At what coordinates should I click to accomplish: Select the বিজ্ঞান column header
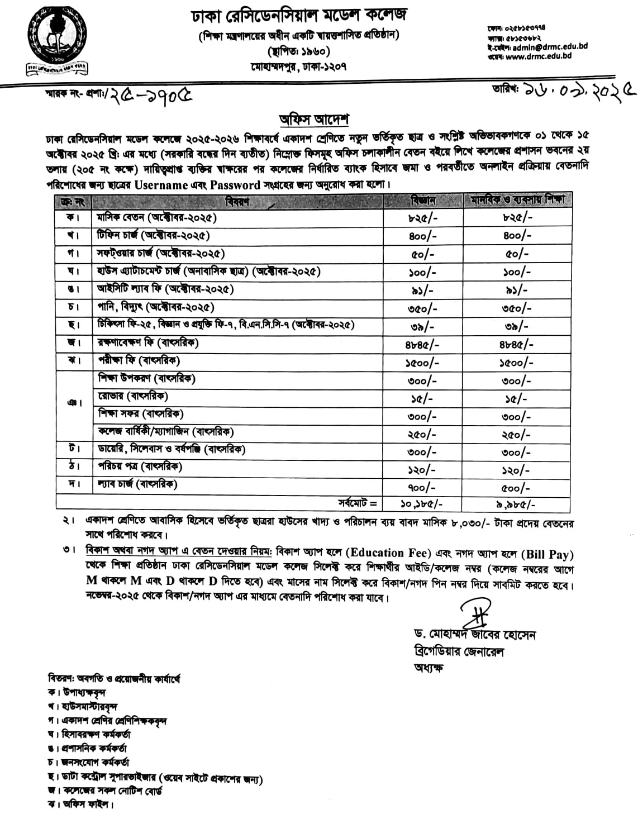point(423,200)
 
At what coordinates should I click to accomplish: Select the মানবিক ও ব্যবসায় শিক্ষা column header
point(517,200)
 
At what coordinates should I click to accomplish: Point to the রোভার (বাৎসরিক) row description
point(133,396)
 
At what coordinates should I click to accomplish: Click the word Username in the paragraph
point(161,185)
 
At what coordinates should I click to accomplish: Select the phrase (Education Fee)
point(389,553)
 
